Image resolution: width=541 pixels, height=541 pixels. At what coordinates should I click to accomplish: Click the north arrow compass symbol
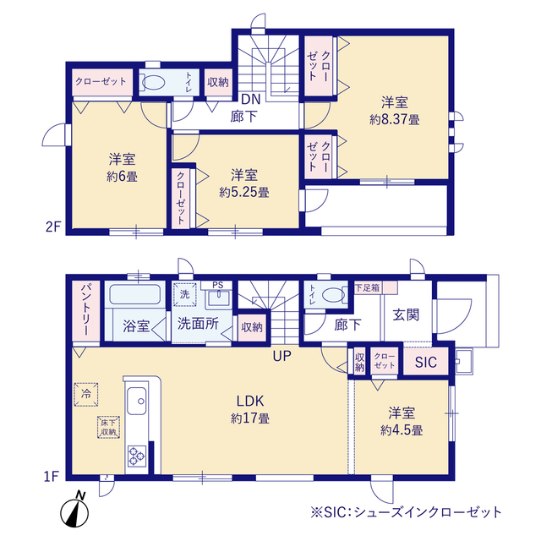75,510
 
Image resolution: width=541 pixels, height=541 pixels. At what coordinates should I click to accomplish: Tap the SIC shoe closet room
426,362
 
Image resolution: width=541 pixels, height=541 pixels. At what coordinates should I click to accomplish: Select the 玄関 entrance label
406,314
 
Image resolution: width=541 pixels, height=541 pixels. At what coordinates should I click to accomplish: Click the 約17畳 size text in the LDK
250,418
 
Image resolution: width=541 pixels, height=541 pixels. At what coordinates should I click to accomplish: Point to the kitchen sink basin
136,401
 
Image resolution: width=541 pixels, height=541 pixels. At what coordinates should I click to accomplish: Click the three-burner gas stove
137,456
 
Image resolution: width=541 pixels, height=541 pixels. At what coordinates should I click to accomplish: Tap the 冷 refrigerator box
86,394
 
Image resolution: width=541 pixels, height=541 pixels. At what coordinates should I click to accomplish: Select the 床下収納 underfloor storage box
108,427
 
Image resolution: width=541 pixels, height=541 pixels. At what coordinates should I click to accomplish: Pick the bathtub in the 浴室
135,294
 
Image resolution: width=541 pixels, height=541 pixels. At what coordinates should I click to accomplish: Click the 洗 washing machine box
184,294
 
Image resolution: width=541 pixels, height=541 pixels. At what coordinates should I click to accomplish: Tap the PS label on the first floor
218,285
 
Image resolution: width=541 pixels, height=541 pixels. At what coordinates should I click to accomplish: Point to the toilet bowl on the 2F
153,82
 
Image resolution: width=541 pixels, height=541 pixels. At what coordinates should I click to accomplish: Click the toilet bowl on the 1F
333,295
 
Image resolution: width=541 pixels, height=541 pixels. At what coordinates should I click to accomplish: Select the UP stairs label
281,356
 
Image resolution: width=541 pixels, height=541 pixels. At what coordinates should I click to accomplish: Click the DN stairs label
250,100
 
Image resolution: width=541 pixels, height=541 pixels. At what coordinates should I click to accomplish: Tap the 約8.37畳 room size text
395,120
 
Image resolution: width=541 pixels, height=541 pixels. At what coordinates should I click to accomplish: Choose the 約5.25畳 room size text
244,192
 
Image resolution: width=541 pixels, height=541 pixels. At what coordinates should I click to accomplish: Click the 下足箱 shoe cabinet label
367,287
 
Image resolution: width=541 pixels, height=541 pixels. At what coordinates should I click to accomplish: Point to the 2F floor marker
53,227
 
